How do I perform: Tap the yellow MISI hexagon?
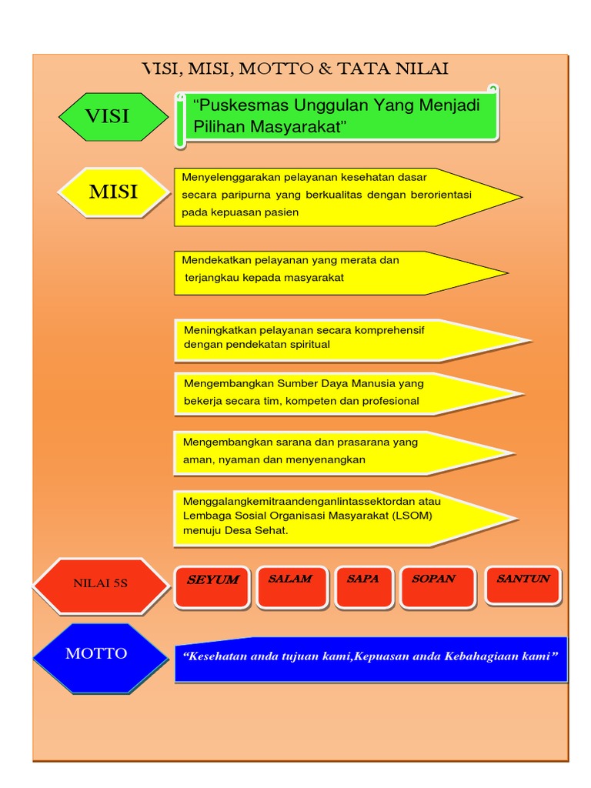114,192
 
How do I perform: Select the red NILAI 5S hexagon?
100,585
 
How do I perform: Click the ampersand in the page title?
325,70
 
